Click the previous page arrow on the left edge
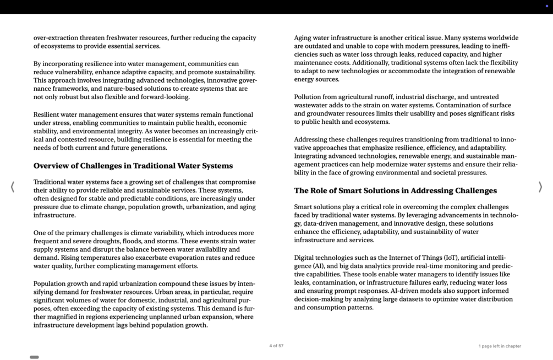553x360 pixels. (x=13, y=187)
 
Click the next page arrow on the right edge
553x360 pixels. (x=540, y=187)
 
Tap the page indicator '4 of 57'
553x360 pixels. (x=276, y=346)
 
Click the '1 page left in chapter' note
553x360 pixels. (x=499, y=346)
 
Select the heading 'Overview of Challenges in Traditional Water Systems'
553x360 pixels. (x=133, y=166)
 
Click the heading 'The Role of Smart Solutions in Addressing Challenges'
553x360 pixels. (x=395, y=190)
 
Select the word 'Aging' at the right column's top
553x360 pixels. (x=303, y=38)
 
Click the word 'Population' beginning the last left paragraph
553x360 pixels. (x=50, y=284)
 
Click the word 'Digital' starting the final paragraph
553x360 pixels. (x=305, y=258)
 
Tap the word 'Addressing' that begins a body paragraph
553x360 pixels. (x=311, y=140)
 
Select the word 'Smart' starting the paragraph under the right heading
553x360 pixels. (x=303, y=207)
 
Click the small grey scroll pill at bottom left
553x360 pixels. (x=34, y=357)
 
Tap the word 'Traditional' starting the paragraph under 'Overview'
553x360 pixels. (x=51, y=182)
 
